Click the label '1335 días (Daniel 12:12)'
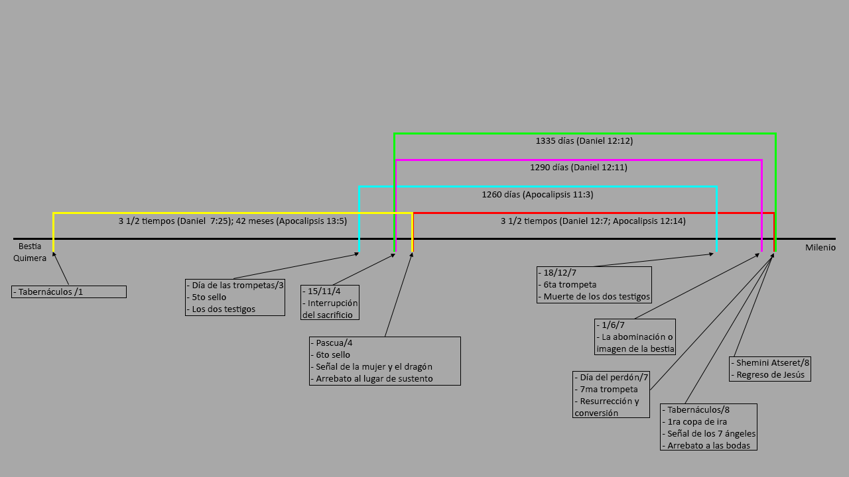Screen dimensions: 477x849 tap(580, 140)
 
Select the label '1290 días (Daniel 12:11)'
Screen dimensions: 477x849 tap(578, 168)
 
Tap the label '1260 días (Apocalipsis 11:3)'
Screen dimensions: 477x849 tap(537, 195)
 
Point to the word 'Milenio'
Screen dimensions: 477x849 tap(820, 248)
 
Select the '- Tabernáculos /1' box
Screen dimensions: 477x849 tap(69, 291)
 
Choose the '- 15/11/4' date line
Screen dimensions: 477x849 tap(323, 291)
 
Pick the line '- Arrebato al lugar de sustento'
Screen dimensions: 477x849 tap(375, 378)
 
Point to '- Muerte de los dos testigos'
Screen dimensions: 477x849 tap(596, 296)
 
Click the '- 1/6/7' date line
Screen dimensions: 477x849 tap(611, 325)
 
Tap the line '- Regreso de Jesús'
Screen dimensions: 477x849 tap(771, 374)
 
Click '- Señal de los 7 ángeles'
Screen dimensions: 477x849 tap(709, 433)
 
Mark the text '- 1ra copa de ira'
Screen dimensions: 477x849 tap(694, 421)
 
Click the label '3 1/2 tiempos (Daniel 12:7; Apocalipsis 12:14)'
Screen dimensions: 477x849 tap(593, 221)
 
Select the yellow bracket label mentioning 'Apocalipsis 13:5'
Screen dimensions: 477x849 tap(233, 221)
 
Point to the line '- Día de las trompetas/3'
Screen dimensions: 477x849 tap(235, 285)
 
